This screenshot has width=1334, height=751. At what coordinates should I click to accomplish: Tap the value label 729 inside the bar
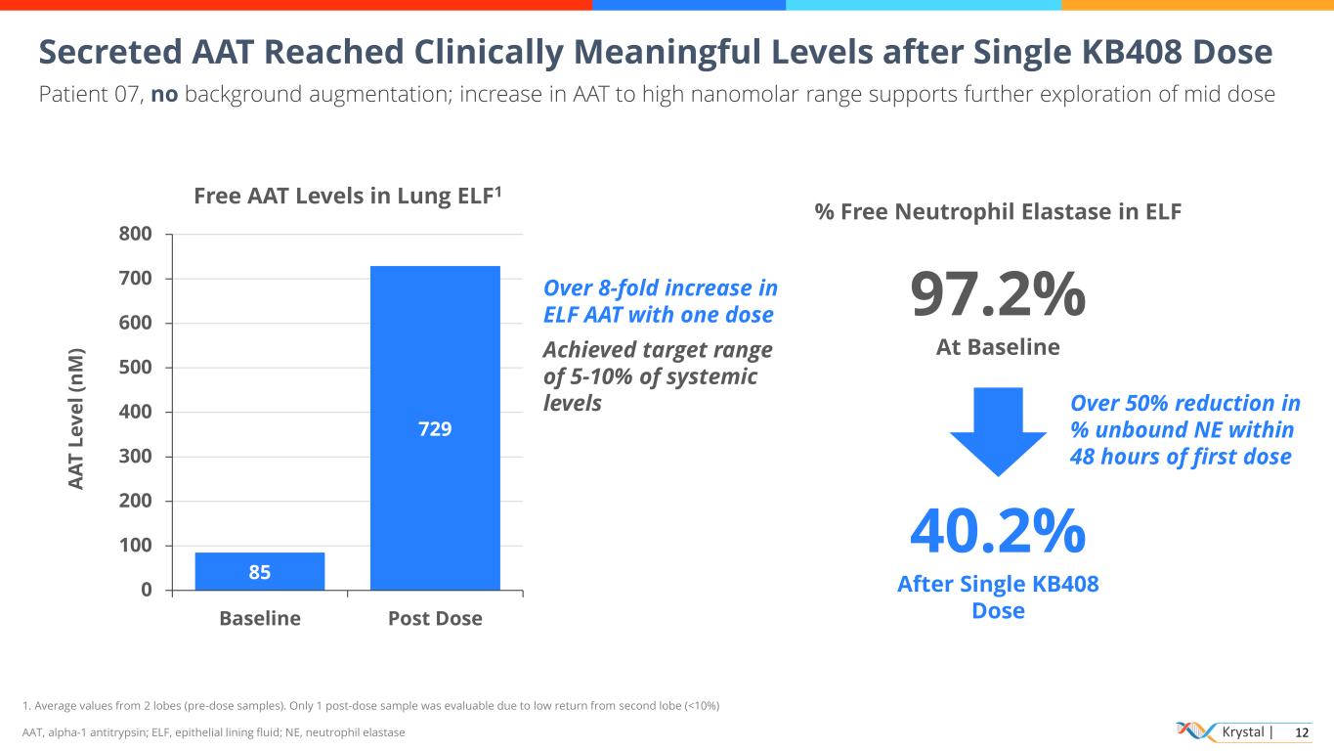tap(435, 428)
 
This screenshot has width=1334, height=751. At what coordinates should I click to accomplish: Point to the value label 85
tap(259, 572)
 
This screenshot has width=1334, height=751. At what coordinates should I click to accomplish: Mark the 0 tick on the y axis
tap(147, 590)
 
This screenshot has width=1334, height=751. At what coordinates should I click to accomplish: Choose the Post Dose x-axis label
tap(435, 619)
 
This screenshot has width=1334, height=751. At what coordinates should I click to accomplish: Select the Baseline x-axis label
tap(259, 619)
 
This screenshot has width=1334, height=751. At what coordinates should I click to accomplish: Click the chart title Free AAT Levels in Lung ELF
tap(348, 196)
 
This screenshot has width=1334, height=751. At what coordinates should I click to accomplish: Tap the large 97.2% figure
tap(998, 294)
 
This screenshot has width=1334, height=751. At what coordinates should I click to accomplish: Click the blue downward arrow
tap(998, 431)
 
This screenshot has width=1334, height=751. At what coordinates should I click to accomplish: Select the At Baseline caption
tap(998, 347)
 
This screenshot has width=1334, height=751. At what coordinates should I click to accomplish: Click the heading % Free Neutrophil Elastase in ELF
tap(998, 211)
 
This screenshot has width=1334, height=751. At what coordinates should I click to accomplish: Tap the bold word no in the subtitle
tap(164, 95)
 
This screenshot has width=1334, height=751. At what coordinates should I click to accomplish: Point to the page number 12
tap(1301, 732)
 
